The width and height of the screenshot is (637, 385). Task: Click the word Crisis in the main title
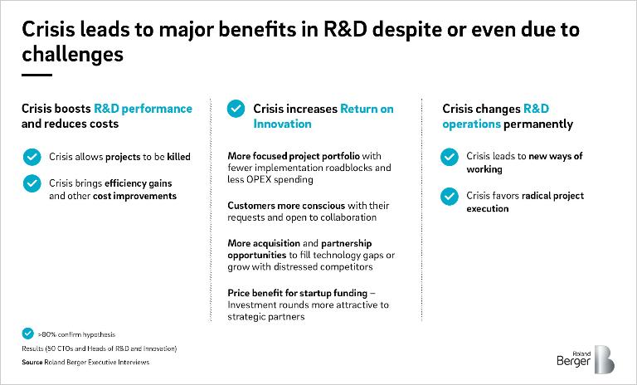coord(48,29)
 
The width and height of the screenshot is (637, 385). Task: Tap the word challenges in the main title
coord(73,55)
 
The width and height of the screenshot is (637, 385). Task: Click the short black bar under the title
coord(37,75)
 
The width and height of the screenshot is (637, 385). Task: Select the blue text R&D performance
coord(143,109)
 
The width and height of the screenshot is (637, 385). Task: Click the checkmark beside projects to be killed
coord(32,157)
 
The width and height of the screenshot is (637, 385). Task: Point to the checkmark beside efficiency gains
coord(32,183)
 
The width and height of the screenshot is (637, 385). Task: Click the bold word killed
coord(179,157)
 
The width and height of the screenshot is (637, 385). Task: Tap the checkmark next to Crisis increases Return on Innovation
coord(236,109)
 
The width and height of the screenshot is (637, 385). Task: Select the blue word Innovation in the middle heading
coord(282,124)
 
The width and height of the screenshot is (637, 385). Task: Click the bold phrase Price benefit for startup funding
coord(298,293)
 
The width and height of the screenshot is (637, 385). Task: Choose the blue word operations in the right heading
coord(472,124)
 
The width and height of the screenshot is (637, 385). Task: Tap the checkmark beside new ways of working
coord(450,157)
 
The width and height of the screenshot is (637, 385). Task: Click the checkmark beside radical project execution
coord(450,197)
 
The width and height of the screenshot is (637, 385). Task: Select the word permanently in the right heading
coord(538,124)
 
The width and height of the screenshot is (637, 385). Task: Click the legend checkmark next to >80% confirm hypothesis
coord(27,334)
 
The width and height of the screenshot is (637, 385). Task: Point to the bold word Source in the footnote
coord(32,362)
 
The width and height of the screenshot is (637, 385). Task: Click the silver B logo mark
coord(604,359)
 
